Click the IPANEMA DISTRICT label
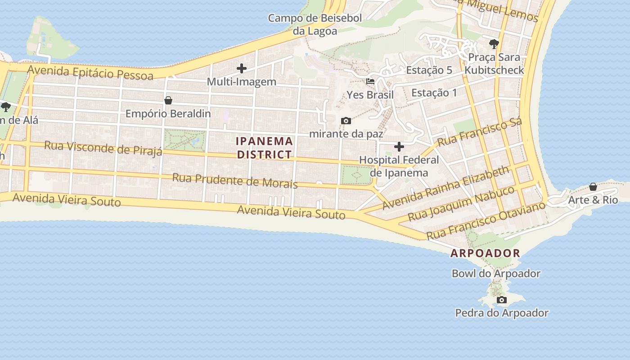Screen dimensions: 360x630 point(265,148)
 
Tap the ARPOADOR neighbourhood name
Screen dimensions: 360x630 point(485,253)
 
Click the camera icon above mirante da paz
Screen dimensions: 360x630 point(346,121)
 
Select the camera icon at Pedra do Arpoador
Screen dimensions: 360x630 point(501,300)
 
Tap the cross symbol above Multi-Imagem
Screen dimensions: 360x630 point(242,68)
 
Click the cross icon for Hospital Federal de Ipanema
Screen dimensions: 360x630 point(399,147)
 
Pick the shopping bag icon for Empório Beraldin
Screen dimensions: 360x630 point(168,100)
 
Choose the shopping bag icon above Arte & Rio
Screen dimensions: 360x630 point(593,186)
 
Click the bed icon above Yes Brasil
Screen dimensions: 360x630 point(370,81)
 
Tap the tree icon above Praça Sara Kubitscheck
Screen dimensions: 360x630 point(494,44)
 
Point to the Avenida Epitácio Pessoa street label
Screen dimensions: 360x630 point(90,72)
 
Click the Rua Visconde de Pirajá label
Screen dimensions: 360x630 point(103,148)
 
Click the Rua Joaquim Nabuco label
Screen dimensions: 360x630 point(461,203)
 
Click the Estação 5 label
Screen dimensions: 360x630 point(429,70)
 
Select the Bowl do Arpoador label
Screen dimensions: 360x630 point(496,274)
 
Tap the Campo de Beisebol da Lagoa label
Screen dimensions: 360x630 point(315,25)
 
